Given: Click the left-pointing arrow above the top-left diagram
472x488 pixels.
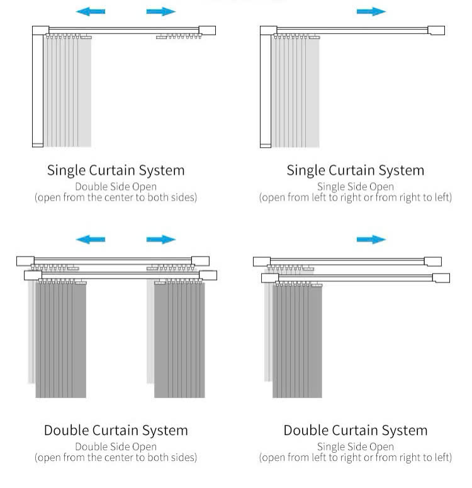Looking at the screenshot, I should [x=91, y=11].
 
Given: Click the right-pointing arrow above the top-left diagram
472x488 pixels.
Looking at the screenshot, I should [x=160, y=11].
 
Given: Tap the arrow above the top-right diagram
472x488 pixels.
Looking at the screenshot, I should [x=371, y=11].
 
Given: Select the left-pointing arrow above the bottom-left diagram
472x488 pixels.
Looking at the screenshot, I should [x=91, y=240].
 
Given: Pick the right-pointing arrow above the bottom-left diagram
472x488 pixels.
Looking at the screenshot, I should [x=160, y=240].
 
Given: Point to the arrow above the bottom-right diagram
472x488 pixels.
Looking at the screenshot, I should [x=371, y=240].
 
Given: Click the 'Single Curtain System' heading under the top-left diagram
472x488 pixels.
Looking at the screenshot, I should [x=116, y=170].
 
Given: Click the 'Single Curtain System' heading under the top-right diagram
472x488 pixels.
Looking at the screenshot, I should [x=355, y=170].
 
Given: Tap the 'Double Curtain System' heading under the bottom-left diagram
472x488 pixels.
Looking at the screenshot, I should [x=116, y=431].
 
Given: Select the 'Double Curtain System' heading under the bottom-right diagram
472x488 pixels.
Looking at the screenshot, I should [x=355, y=431].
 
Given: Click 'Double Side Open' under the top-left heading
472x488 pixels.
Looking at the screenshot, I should [x=116, y=187].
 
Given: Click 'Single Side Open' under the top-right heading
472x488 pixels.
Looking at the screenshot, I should [x=355, y=187].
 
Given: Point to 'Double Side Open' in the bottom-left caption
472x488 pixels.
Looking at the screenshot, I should [x=116, y=447].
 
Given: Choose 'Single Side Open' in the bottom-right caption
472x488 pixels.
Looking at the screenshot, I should [x=355, y=447].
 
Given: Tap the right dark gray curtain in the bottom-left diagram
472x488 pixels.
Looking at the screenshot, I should [x=179, y=340].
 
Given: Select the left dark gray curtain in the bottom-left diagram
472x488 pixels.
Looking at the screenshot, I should [x=60, y=340].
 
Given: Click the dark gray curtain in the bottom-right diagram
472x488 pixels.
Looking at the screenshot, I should [x=297, y=340].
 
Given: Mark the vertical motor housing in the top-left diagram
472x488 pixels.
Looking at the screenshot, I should [x=38, y=88].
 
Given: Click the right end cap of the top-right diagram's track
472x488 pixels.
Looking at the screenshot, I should [x=436, y=30].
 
